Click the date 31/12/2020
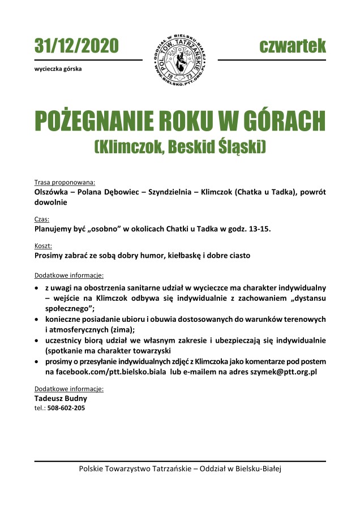[76, 45]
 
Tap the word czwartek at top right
[293, 45]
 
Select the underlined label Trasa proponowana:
[65, 183]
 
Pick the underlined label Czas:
[42, 219]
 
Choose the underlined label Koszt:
[44, 246]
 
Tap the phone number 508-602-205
[66, 407]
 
